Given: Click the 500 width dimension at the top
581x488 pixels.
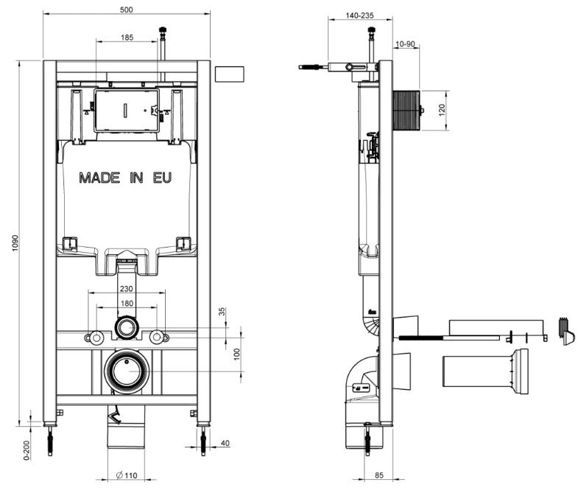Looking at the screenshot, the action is coord(127,10).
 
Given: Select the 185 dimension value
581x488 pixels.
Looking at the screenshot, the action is coord(127,38).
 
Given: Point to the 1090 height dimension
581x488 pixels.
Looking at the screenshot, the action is coord(15,243).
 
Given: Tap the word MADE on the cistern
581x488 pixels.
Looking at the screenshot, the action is coord(99,178).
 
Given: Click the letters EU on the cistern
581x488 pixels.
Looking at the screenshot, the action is coord(162,178).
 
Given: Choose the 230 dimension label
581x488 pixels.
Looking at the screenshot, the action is coord(127,288).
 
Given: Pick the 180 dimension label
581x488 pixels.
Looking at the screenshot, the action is coord(127,303).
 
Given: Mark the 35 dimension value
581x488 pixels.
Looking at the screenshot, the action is coord(222,311).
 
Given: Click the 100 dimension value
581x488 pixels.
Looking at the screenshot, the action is coord(238,354).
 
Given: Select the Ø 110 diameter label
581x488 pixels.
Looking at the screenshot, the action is coord(127,475).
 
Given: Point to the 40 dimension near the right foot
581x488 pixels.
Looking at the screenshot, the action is coord(225,443).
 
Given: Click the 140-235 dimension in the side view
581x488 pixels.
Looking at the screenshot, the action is coord(359,15).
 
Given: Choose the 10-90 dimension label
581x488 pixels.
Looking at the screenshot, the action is coord(405,44).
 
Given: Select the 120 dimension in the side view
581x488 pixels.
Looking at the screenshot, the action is coord(442,110).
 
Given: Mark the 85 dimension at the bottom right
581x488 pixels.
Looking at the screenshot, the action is coord(379,475).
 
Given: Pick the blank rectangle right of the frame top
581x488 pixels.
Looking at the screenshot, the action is coord(229,74).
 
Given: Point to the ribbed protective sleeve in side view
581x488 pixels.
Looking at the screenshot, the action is coord(406,110).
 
